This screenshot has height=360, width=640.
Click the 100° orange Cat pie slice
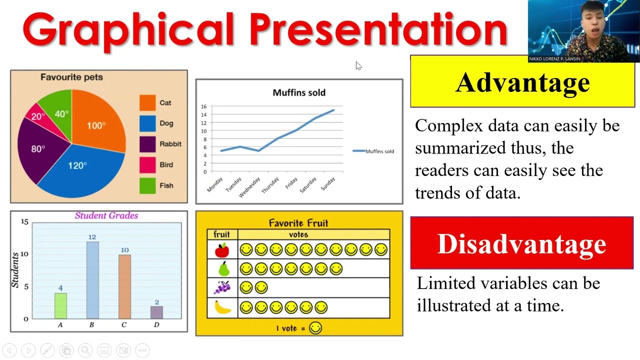click(97, 122)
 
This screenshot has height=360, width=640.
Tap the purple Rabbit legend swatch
click(147, 144)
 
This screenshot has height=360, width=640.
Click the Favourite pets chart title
click(71, 77)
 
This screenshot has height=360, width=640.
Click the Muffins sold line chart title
click(299, 92)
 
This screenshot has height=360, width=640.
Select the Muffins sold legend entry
click(373, 151)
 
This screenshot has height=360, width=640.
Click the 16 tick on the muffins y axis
click(203, 106)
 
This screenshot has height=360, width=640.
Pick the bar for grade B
click(92, 280)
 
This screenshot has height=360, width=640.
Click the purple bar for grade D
click(156, 312)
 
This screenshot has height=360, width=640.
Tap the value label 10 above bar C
click(124, 249)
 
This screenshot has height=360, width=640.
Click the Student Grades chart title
click(106, 215)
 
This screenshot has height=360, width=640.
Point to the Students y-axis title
click(15, 270)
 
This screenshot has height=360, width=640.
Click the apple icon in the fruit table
click(222, 249)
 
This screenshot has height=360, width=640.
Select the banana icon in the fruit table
click(222, 307)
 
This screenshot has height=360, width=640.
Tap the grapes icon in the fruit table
click(222, 287)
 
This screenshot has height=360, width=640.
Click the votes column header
click(298, 234)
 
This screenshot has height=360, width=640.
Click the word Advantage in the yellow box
click(522, 82)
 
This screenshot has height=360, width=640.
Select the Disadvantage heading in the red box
click(521, 244)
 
